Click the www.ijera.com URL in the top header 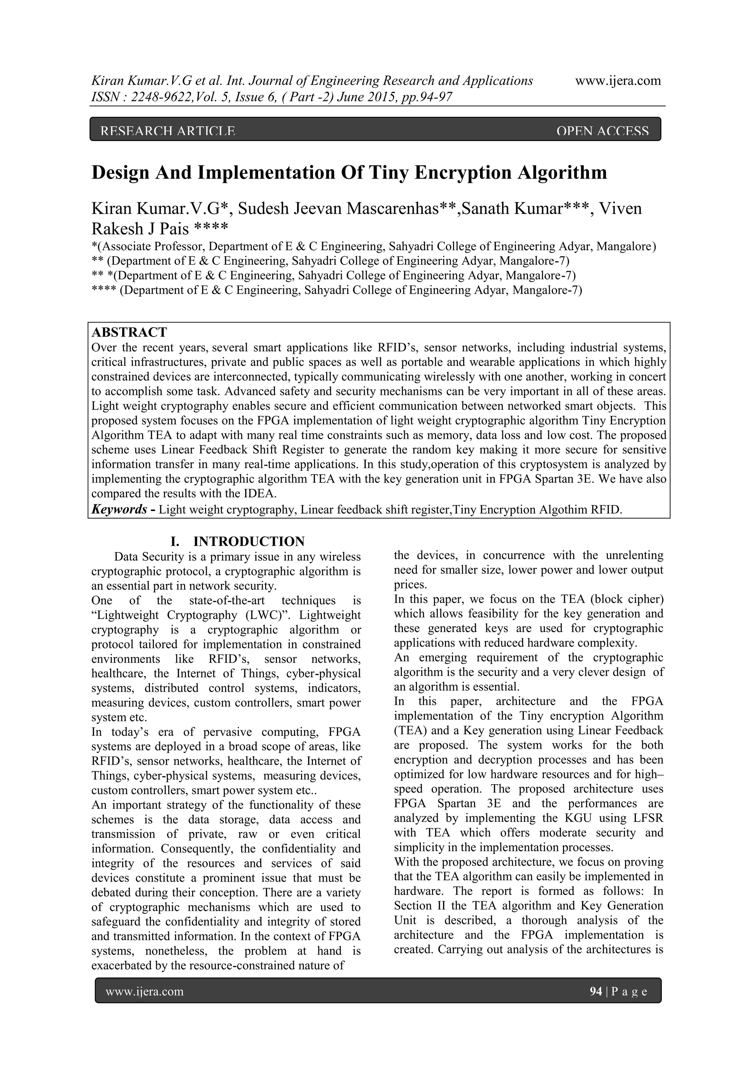(618, 81)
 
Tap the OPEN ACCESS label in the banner (602, 131)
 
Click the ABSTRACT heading (129, 332)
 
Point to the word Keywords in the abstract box (119, 509)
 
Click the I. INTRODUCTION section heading (237, 541)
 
